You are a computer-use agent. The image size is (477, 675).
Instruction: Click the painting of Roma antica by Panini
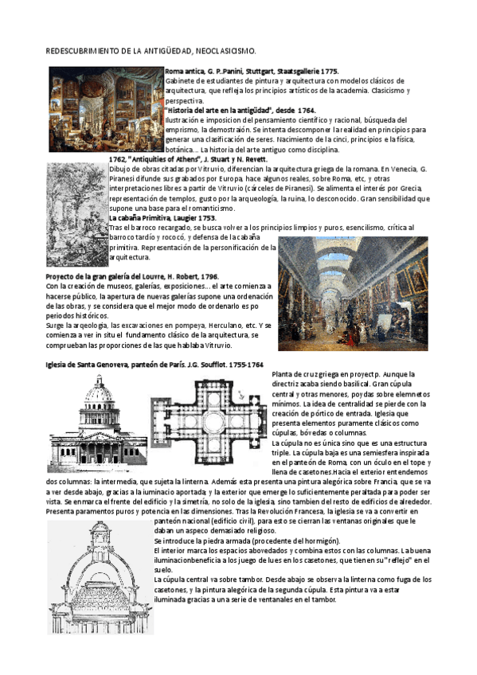(x=105, y=109)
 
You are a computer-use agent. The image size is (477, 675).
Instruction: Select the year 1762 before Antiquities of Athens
(x=117, y=159)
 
